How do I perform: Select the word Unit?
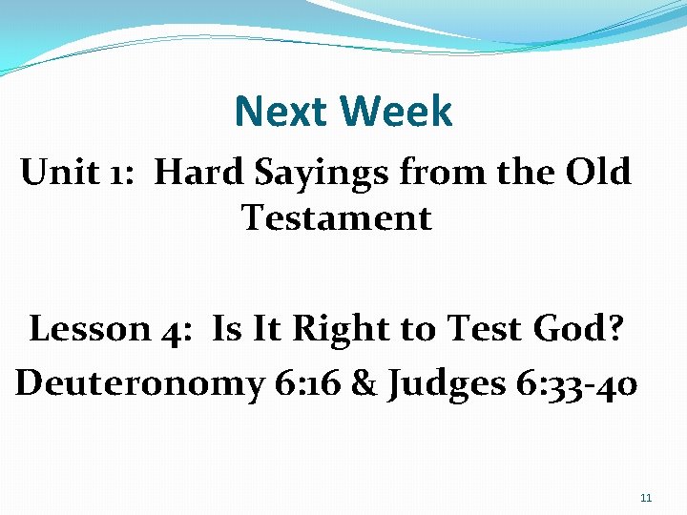57,173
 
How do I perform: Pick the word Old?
597,173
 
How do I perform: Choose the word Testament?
337,218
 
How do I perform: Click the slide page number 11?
646,498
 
